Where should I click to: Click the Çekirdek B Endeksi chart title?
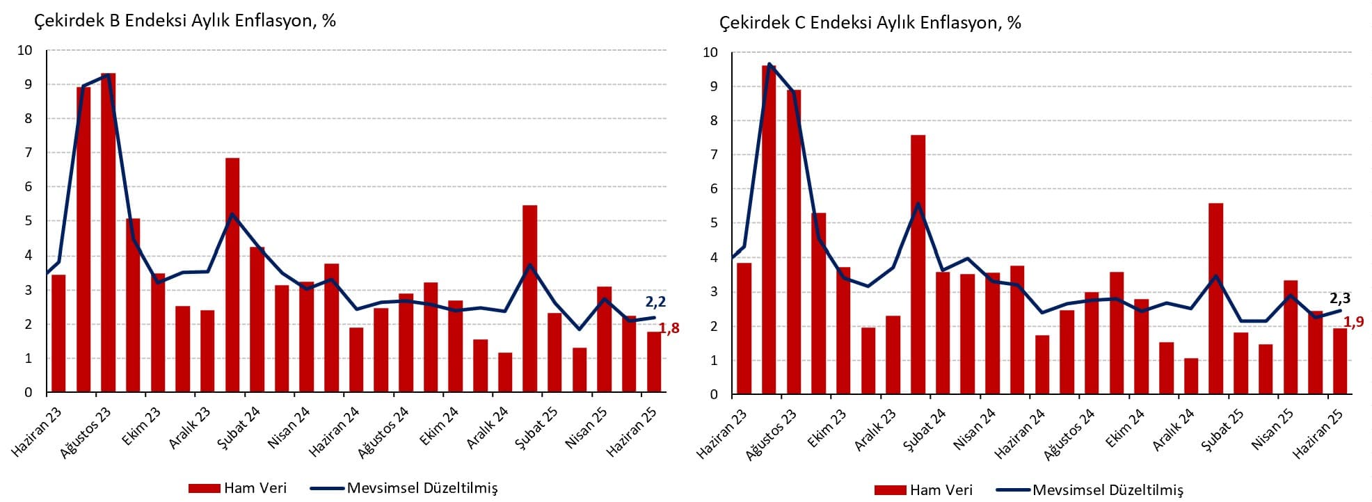pos(185,21)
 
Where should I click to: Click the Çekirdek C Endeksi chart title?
pos(870,23)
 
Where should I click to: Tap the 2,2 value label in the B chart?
pos(655,302)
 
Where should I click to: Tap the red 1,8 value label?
pos(669,328)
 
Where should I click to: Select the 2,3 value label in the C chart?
pos(1340,298)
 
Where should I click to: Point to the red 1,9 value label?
pos(1354,322)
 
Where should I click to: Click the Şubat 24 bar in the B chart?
pos(232,275)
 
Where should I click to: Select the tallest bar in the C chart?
pos(769,229)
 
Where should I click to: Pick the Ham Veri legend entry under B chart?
pos(238,488)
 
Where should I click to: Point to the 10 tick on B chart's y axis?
pos(25,50)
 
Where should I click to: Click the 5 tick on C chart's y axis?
pos(710,223)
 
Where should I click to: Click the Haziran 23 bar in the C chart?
pos(744,328)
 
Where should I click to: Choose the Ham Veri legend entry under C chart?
pos(924,490)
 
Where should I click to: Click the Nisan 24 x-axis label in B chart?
pos(289,428)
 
